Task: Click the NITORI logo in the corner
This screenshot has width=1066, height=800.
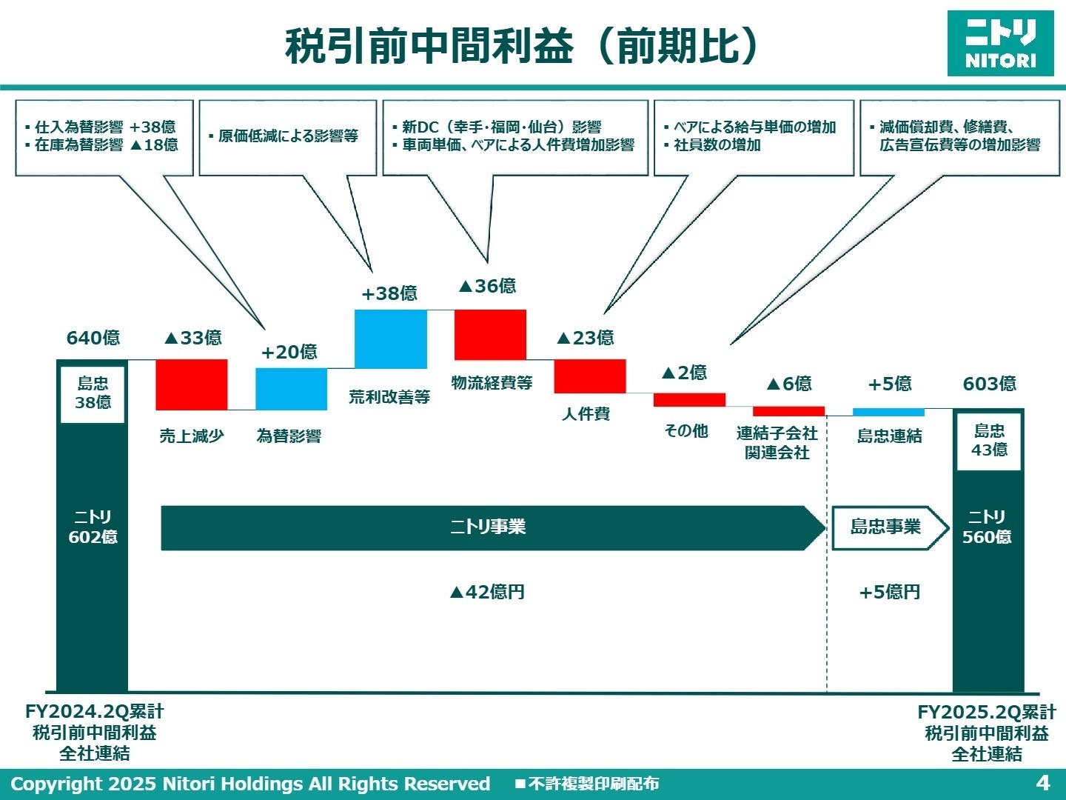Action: pyautogui.click(x=1000, y=43)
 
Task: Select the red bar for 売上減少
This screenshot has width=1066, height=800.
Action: pyautogui.click(x=192, y=384)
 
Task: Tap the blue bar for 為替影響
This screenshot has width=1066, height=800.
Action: pyautogui.click(x=291, y=389)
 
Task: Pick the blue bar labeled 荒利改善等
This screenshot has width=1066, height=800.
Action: pyautogui.click(x=391, y=339)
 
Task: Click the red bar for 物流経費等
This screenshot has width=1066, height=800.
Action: pyautogui.click(x=490, y=334)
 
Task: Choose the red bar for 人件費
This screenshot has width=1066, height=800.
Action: pyautogui.click(x=590, y=376)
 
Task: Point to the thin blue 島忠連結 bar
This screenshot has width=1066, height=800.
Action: pyautogui.click(x=888, y=412)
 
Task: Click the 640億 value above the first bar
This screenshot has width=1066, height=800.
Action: pyautogui.click(x=93, y=338)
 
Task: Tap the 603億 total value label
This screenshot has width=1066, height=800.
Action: pyautogui.click(x=989, y=384)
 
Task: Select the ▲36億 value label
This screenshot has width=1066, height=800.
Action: pyautogui.click(x=487, y=286)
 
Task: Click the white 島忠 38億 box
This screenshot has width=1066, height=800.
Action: pyautogui.click(x=93, y=393)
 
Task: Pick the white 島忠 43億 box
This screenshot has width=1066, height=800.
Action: pyautogui.click(x=989, y=441)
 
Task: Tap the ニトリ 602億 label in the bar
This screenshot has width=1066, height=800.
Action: pyautogui.click(x=93, y=527)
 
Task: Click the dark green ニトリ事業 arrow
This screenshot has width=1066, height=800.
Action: pyautogui.click(x=489, y=527)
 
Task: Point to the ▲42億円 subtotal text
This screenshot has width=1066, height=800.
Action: pyautogui.click(x=487, y=592)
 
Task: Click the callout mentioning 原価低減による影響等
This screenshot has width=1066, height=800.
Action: pyautogui.click(x=288, y=137)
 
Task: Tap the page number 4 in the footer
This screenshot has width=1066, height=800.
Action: pyautogui.click(x=1043, y=783)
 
